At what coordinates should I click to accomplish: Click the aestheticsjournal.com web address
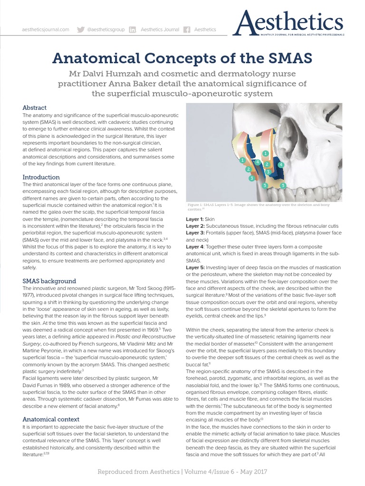click(46, 29)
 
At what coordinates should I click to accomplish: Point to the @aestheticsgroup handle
click(106, 29)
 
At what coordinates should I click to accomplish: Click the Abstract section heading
click(35, 108)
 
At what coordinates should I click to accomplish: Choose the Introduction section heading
click(41, 177)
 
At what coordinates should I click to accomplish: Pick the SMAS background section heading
click(49, 281)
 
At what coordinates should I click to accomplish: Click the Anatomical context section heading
click(51, 419)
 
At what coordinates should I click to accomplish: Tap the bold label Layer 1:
click(194, 219)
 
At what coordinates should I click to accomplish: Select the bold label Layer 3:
click(194, 234)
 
